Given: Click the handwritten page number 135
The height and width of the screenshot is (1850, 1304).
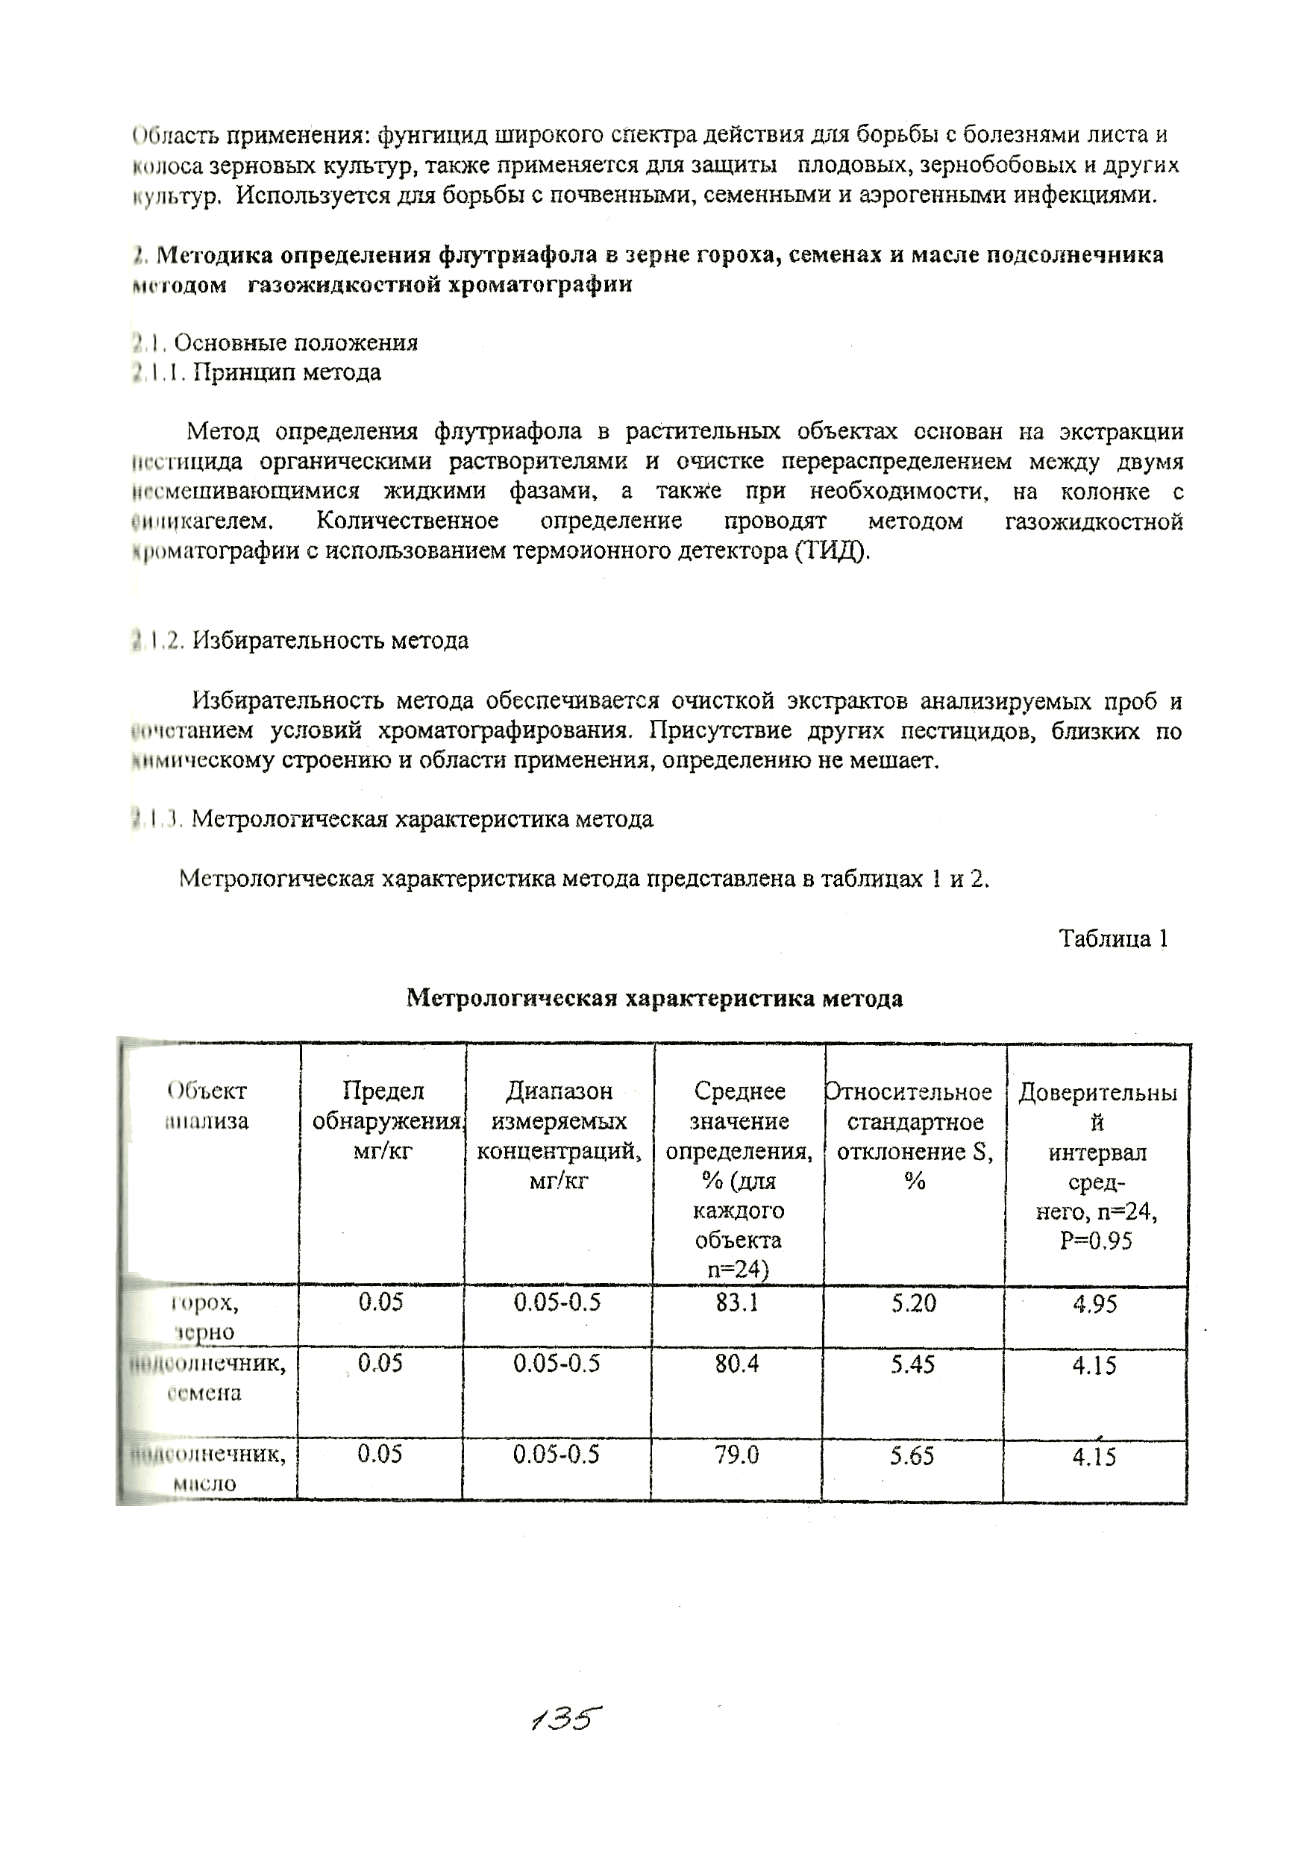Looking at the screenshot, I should pyautogui.click(x=566, y=1719).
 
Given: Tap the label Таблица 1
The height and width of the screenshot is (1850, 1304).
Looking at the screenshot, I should pyautogui.click(x=1113, y=938).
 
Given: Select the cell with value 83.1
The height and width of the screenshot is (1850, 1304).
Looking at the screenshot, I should pyautogui.click(x=736, y=1303).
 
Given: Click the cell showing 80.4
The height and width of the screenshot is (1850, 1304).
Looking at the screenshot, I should pyautogui.click(x=736, y=1364).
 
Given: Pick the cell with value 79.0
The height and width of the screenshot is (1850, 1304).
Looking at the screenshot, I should pyautogui.click(x=736, y=1455).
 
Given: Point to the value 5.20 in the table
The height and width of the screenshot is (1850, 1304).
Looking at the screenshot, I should pyautogui.click(x=913, y=1303).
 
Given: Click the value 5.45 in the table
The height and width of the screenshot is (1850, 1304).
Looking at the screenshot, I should pyautogui.click(x=912, y=1364).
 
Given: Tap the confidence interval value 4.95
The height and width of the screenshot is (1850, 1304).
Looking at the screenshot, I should pyautogui.click(x=1094, y=1304).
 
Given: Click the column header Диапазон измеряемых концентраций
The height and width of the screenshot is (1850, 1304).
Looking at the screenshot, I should pyautogui.click(x=559, y=1136).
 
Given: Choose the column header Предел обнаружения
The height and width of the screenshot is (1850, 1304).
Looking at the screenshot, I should pyautogui.click(x=383, y=1120).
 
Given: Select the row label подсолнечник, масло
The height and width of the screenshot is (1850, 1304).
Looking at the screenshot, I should pyautogui.click(x=207, y=1469).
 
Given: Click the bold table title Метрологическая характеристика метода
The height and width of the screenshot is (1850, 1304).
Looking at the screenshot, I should pyautogui.click(x=653, y=999).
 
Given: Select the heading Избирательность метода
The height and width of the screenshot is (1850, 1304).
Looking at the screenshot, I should pyautogui.click(x=330, y=641).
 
